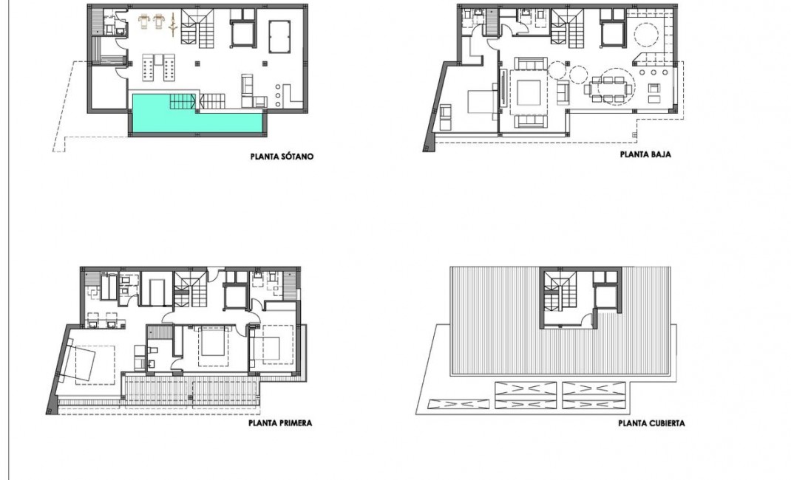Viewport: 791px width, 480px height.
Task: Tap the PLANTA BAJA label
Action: click(645, 156)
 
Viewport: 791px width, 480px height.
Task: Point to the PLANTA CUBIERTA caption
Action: click(651, 424)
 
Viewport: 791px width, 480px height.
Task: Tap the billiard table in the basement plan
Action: click(279, 32)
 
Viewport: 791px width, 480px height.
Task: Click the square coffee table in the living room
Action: click(529, 92)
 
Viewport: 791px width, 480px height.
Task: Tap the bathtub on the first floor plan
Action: click(155, 289)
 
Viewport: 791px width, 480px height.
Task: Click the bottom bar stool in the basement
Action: click(278, 104)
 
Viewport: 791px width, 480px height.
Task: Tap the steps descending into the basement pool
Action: click(184, 101)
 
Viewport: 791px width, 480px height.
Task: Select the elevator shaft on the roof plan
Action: click(605, 296)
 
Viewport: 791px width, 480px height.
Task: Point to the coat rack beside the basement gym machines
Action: click(173, 26)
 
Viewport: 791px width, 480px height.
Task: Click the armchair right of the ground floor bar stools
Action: click(654, 93)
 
